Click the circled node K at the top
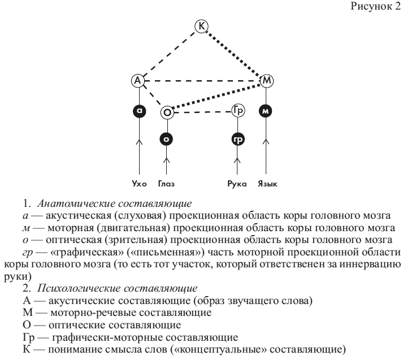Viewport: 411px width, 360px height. (x=201, y=25)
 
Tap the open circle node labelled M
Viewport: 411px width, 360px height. (x=266, y=81)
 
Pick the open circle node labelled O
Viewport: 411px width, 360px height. (x=167, y=113)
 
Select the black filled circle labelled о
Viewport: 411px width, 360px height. (x=167, y=138)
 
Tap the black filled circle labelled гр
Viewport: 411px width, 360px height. (x=237, y=138)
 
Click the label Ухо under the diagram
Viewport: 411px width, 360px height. (x=139, y=184)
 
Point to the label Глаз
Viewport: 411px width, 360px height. (x=167, y=184)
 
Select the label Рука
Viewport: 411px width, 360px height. (x=238, y=184)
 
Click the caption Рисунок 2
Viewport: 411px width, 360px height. (x=377, y=7)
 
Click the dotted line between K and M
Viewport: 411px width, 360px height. (x=235, y=53)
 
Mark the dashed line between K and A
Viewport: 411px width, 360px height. (x=170, y=54)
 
